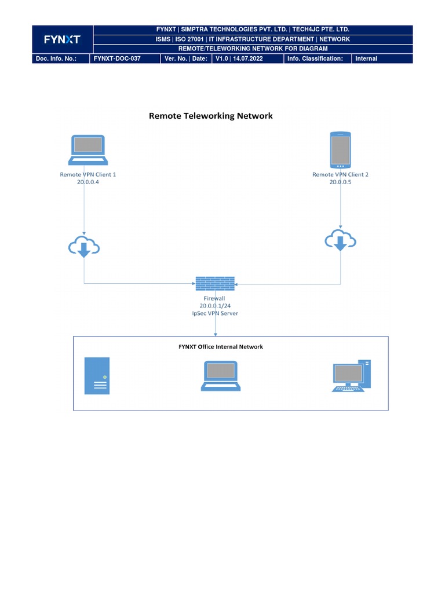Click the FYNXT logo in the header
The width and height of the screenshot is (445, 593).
[x=63, y=39]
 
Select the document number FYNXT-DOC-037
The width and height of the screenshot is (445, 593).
[x=117, y=58]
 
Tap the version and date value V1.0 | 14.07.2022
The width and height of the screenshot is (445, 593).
[x=239, y=58]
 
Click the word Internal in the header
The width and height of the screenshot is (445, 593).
[x=366, y=58]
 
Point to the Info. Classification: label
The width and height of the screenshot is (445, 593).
[x=315, y=58]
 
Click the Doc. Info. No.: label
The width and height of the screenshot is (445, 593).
[x=56, y=58]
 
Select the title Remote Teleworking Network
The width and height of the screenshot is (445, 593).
[x=211, y=116]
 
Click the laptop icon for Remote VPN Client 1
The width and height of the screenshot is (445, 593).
[x=87, y=151]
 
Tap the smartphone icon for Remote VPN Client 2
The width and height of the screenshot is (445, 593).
[x=340, y=151]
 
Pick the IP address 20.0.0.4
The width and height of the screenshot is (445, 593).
[x=88, y=182]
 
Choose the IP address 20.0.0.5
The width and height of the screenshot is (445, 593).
[x=341, y=182]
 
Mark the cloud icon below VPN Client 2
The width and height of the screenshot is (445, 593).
[x=340, y=240]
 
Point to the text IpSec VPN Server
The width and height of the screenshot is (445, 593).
[x=216, y=313]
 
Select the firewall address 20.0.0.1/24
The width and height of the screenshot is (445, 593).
[x=216, y=306]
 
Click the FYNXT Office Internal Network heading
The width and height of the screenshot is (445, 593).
[x=220, y=347]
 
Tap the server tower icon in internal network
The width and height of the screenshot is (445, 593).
[x=97, y=376]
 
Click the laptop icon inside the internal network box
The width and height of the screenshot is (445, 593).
[x=220, y=376]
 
